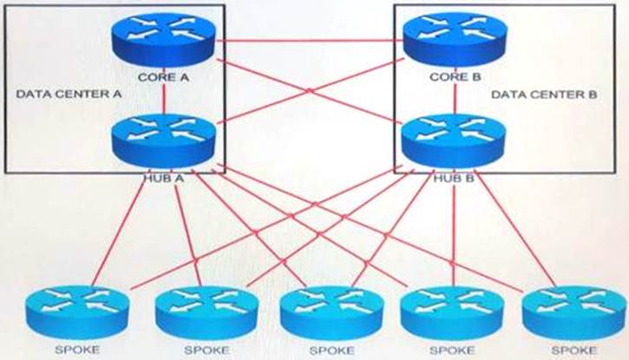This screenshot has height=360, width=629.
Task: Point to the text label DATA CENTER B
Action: coord(539,93)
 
